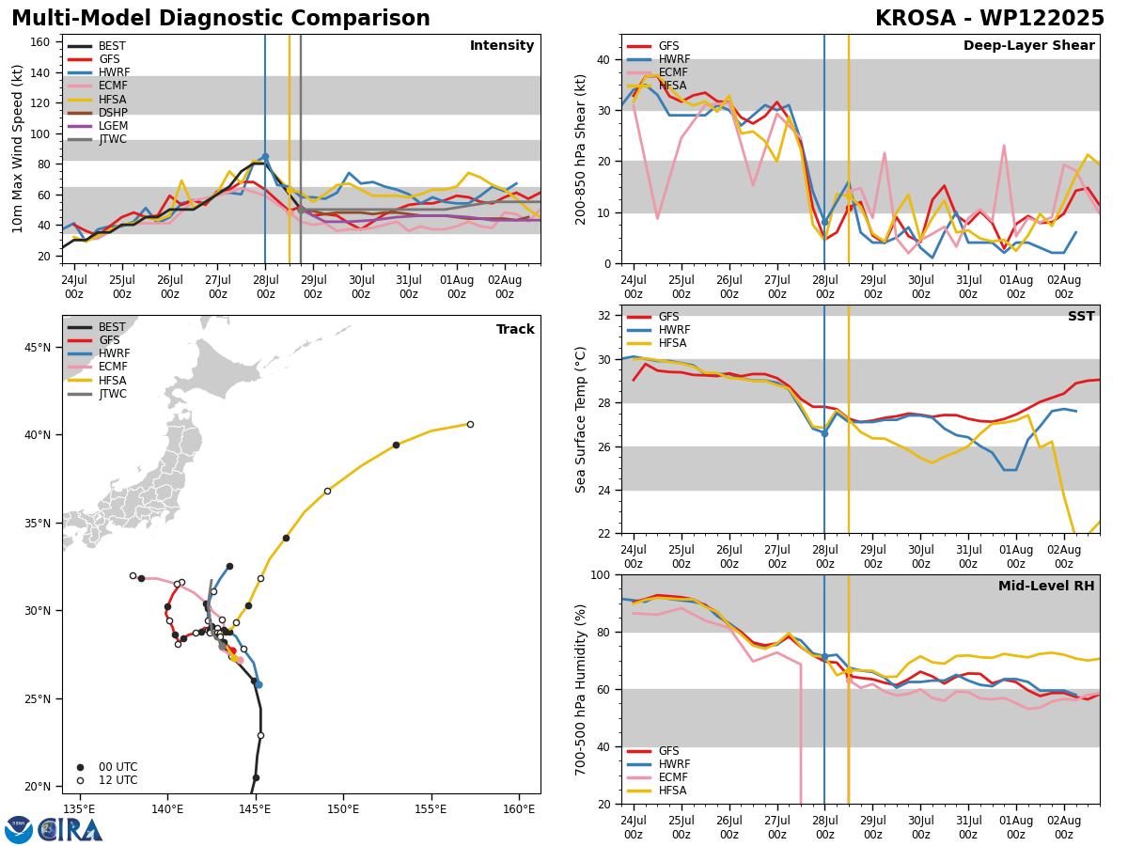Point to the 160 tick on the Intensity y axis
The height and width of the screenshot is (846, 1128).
tap(39, 42)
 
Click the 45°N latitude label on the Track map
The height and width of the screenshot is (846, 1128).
tap(38, 348)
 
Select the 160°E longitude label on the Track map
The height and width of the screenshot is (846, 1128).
tap(519, 809)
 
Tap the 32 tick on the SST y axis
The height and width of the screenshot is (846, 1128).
tap(604, 316)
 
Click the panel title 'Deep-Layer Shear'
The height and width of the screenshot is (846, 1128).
tap(1028, 46)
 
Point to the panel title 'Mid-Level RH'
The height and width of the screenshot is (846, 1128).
tap(1046, 586)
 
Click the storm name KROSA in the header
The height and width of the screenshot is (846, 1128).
tap(916, 19)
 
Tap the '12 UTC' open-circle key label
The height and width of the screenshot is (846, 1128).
tap(118, 780)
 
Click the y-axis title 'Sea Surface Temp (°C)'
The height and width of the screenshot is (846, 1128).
tap(580, 419)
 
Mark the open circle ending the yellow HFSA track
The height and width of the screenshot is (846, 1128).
tap(470, 424)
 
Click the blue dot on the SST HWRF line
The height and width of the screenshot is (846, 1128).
tap(824, 434)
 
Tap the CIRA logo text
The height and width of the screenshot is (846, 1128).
tap(70, 829)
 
